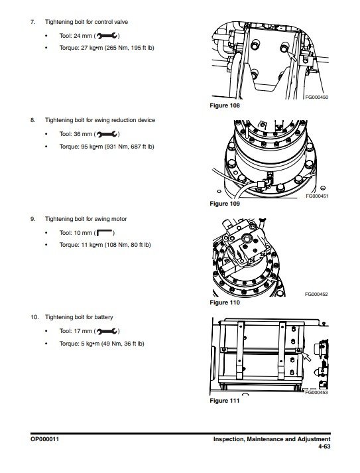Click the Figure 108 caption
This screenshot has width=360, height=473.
pos(225,105)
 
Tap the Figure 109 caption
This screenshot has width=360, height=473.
pos(225,204)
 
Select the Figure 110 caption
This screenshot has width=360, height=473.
pos(225,303)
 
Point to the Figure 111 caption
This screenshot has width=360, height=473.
pos(225,401)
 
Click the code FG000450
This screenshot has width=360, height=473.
pos(317,97)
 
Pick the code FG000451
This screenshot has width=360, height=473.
pos(317,196)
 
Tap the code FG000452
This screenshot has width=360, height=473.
pos(316,294)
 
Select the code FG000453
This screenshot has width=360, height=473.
pos(316,393)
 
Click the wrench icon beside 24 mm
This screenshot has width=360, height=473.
pos(107,36)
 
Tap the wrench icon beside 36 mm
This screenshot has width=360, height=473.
pos(107,134)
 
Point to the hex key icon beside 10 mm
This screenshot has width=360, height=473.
pos(104,233)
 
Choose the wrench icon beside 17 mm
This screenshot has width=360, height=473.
pos(107,331)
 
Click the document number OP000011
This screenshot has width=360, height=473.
pos(44,439)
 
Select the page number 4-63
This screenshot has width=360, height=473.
pos(324,446)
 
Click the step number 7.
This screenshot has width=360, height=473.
pos(32,22)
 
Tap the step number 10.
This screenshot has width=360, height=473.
pos(34,317)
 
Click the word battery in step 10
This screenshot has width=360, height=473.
pos(103,317)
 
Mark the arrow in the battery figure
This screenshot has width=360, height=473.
pos(306,356)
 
